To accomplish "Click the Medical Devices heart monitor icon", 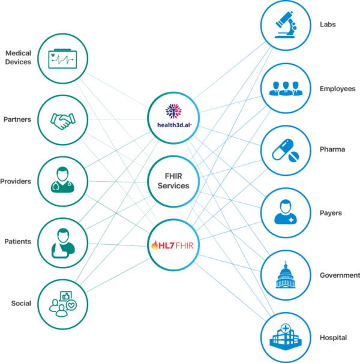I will (x=62, y=59).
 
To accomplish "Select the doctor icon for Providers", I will (x=62, y=181).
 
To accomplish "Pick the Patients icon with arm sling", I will (x=62, y=241).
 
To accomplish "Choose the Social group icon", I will (x=62, y=304).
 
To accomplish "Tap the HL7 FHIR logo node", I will (x=173, y=245).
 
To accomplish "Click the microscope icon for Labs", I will (x=285, y=26).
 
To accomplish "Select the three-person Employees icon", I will (x=285, y=89).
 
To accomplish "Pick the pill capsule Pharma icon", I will (x=285, y=151).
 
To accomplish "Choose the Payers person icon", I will (x=285, y=214).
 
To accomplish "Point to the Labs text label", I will (x=328, y=25).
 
